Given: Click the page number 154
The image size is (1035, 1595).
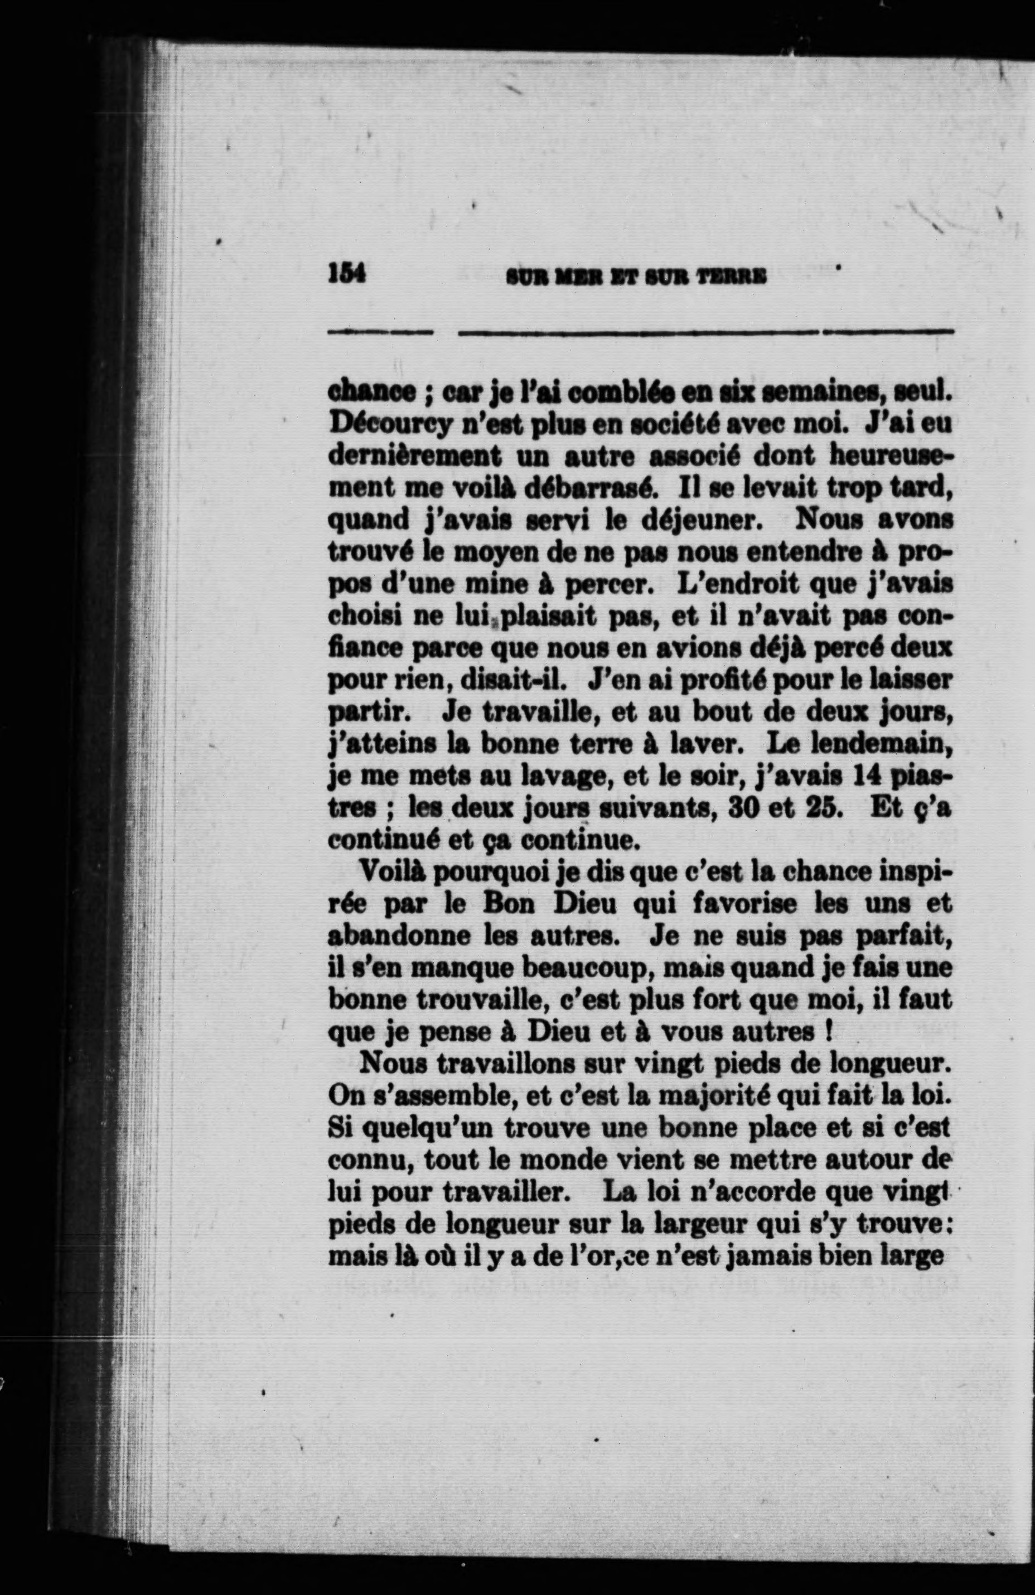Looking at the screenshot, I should (346, 273).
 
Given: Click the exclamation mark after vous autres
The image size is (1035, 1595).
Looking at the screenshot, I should (830, 1034).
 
